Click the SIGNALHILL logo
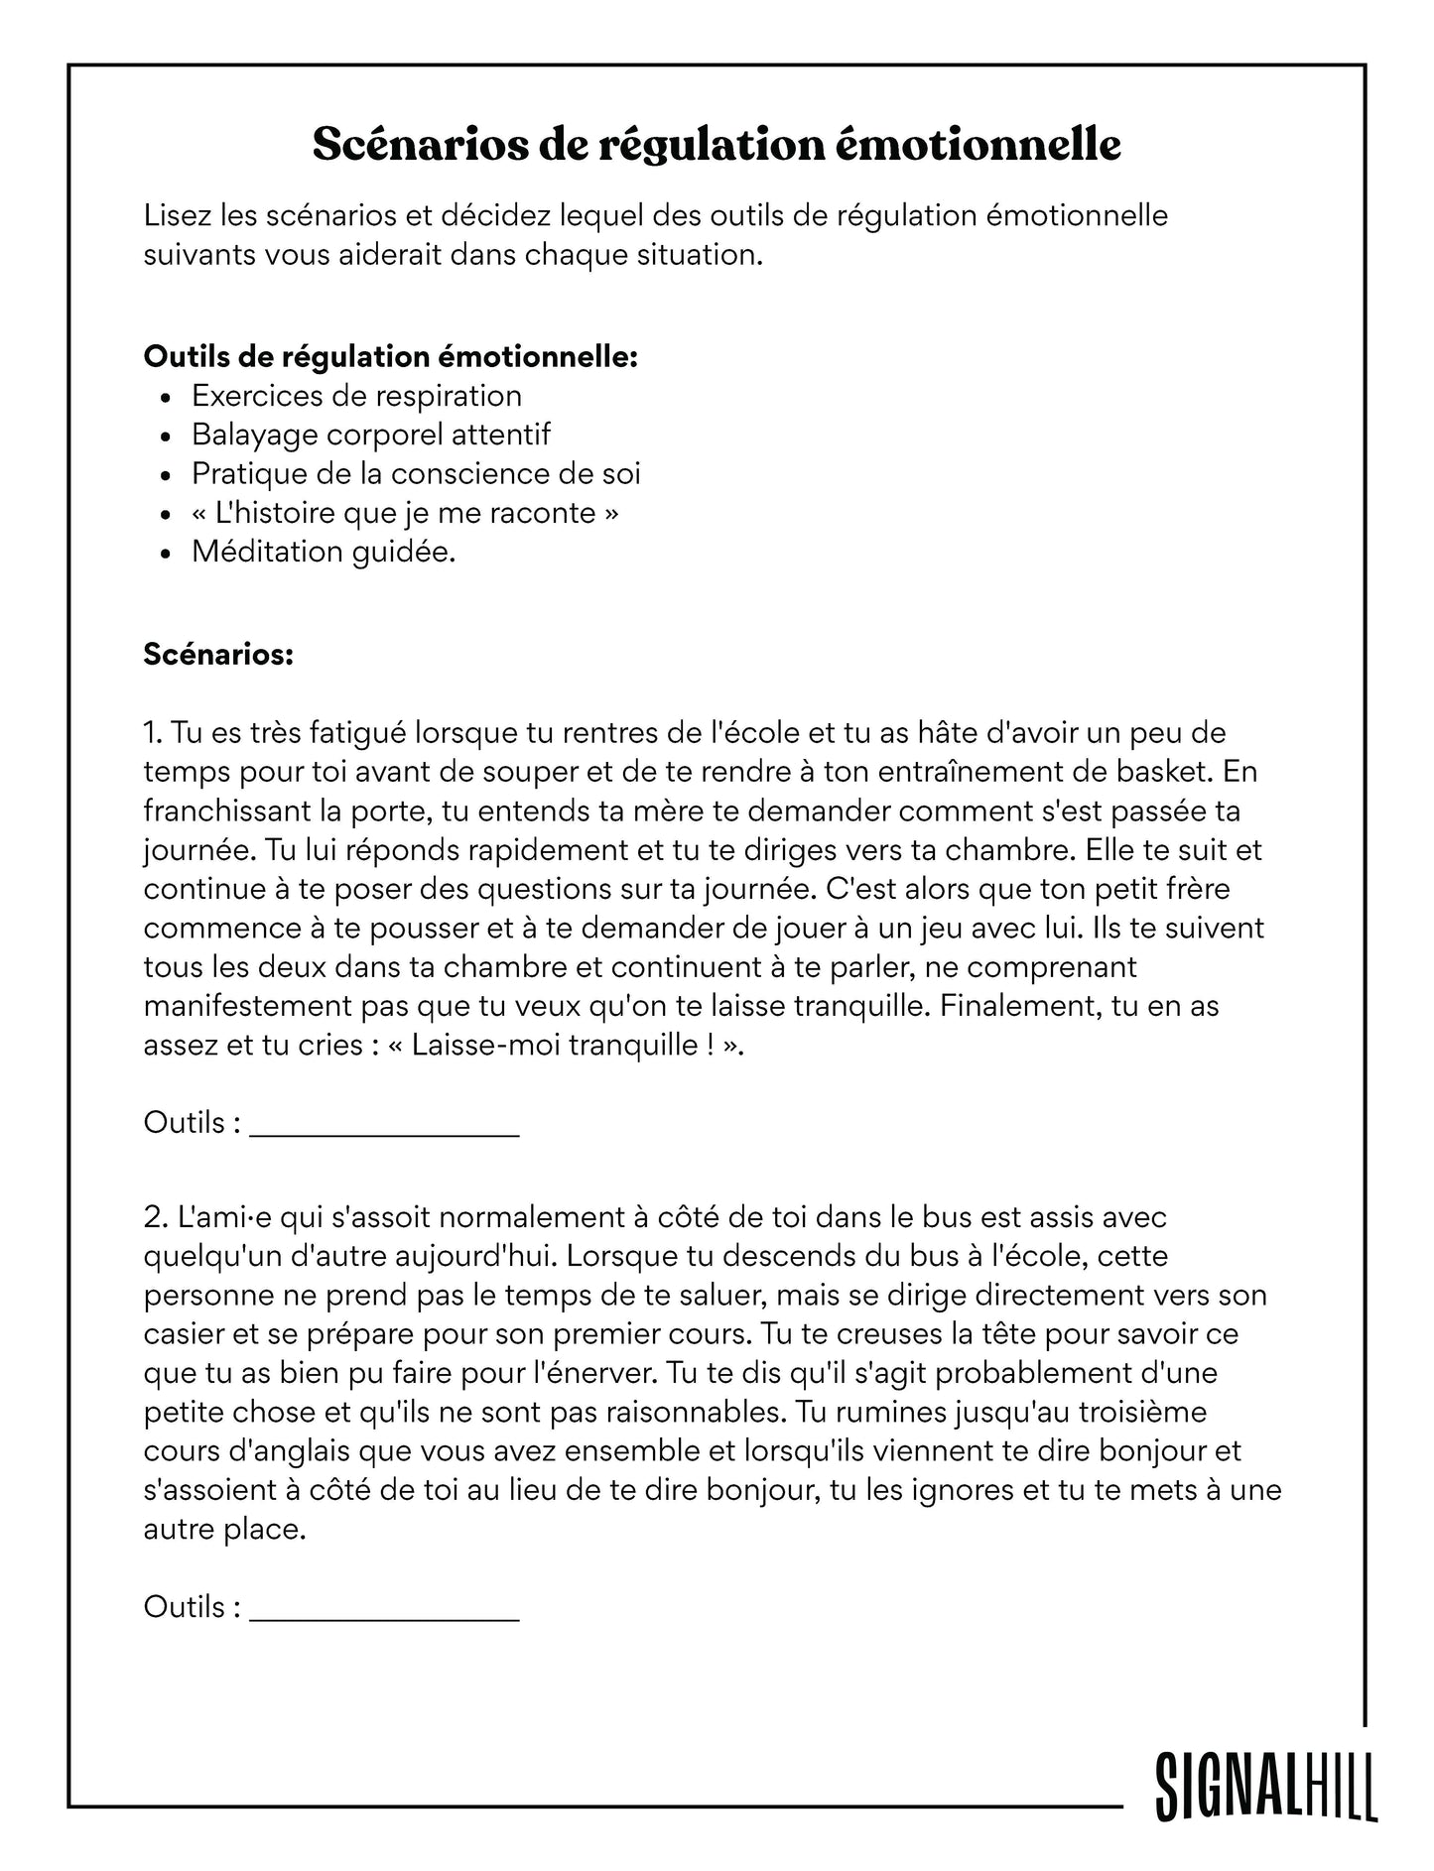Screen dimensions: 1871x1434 [x=1265, y=1785]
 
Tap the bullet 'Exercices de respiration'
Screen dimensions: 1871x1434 [x=356, y=396]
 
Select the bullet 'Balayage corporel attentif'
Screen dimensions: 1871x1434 [x=370, y=435]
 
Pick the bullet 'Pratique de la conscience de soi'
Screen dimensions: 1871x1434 [x=416, y=473]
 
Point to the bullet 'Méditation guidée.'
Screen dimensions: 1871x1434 [x=324, y=552]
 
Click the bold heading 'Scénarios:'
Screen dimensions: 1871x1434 [x=218, y=654]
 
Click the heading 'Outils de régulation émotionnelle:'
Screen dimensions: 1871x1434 [x=390, y=356]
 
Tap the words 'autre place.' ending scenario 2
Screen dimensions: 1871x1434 [x=224, y=1529]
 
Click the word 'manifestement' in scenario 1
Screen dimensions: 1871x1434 [x=247, y=1006]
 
